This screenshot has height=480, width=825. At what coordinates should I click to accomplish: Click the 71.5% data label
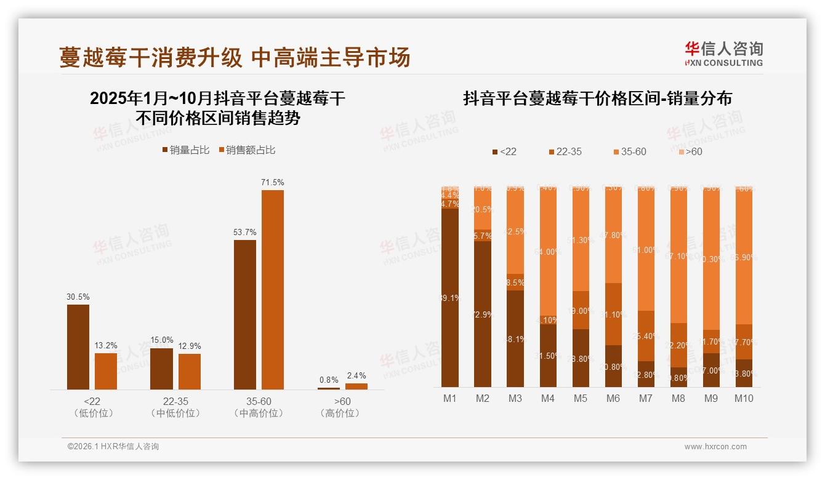pos(272,183)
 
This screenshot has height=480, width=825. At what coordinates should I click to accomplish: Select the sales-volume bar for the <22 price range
pos(78,347)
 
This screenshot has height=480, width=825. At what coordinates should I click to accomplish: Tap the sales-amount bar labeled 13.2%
pos(106,371)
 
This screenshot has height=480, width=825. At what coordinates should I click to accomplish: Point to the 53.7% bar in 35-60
pos(245,314)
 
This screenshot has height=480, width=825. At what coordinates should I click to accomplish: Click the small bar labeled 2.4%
pos(356,386)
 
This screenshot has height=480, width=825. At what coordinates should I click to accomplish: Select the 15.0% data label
pos(161,340)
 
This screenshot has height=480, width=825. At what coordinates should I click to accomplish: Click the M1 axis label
pos(450,398)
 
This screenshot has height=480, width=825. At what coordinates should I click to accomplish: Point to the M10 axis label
pos(744,398)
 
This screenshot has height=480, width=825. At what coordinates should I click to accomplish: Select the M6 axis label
pos(613,398)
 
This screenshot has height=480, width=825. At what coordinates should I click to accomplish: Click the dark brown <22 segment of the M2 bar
pos(483,314)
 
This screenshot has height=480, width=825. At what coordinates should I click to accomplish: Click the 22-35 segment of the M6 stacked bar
pos(613,314)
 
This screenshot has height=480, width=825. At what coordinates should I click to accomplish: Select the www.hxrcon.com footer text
pos(715,447)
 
